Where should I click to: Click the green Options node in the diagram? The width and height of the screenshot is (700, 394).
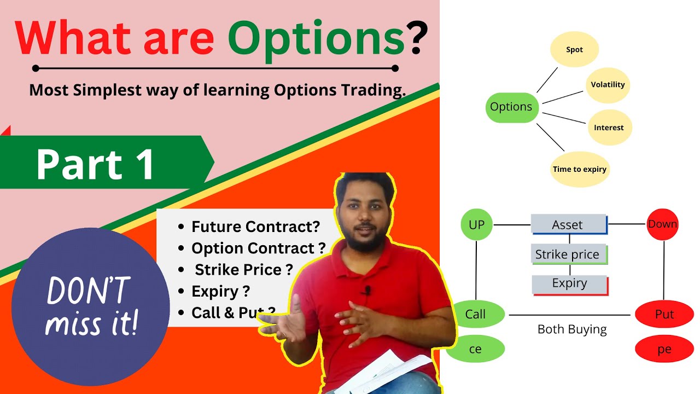point(511,107)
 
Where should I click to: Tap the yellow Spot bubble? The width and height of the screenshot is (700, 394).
point(574,50)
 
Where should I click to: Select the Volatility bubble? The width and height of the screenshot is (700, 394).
point(608,85)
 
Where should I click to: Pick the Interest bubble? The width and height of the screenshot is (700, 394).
point(609,128)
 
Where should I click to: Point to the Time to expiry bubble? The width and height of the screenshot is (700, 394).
point(579,169)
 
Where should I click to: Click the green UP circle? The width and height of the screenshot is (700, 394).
point(476,224)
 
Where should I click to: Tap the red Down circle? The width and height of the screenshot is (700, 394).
point(662,224)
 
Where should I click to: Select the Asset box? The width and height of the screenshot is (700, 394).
point(568,224)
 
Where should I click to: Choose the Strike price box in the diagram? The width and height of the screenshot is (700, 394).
point(568,254)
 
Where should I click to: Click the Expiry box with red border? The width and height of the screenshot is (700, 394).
point(569,284)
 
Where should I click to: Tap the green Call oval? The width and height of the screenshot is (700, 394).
point(475,315)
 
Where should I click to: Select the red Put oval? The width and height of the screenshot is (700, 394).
point(664,315)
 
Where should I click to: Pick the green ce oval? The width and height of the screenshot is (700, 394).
point(475,349)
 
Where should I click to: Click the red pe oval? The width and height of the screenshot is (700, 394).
point(664,349)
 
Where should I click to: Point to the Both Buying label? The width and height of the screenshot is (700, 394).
point(572,329)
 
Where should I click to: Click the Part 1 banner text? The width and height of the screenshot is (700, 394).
point(96,165)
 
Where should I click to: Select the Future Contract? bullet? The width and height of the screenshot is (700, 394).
point(255,227)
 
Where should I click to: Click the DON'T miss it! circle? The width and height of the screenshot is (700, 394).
point(91,306)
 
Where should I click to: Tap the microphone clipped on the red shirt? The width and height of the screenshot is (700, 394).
point(367,291)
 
